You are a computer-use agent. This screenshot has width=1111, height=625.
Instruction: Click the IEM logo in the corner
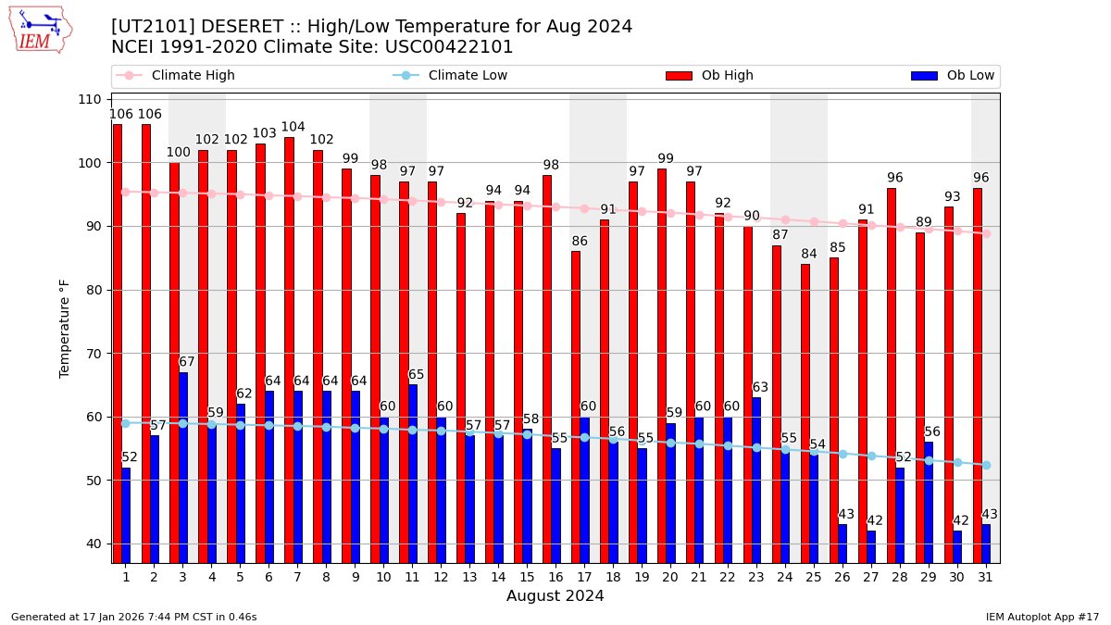pos(40,30)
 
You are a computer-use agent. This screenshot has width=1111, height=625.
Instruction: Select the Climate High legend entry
pos(193,76)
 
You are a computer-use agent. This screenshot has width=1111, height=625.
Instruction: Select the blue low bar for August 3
pos(183,467)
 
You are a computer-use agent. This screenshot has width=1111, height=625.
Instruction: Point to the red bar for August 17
pos(576,406)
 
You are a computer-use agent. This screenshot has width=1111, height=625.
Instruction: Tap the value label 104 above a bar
pos(293,128)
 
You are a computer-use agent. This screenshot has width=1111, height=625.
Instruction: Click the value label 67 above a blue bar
pos(187,362)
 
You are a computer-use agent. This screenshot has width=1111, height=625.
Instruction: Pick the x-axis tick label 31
pos(985,577)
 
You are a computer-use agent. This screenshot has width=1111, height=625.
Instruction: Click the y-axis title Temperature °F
pos(65,329)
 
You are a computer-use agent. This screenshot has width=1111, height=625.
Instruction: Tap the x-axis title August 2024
pos(555,596)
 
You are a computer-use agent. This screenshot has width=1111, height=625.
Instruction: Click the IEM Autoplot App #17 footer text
pos(1042,617)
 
